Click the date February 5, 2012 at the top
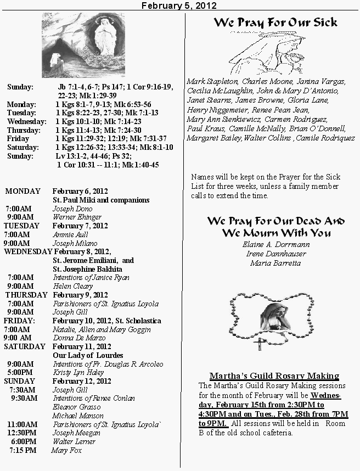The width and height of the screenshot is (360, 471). pyautogui.click(x=179, y=5)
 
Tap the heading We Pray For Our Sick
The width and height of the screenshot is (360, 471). pyautogui.click(x=275, y=23)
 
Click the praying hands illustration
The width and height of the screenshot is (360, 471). pyautogui.click(x=264, y=52)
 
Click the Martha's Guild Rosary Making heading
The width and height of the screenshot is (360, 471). pyautogui.click(x=274, y=376)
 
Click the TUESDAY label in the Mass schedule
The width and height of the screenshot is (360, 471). pyautogui.click(x=22, y=226)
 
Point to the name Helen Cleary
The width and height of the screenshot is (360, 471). pyautogui.click(x=73, y=286)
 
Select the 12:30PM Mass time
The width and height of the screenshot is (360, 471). pyautogui.click(x=22, y=433)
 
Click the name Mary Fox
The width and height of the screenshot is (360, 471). pyautogui.click(x=66, y=450)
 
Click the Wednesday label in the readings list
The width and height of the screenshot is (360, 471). pyautogui.click(x=26, y=121)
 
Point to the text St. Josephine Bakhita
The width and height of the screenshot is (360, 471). pyautogui.click(x=87, y=269)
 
